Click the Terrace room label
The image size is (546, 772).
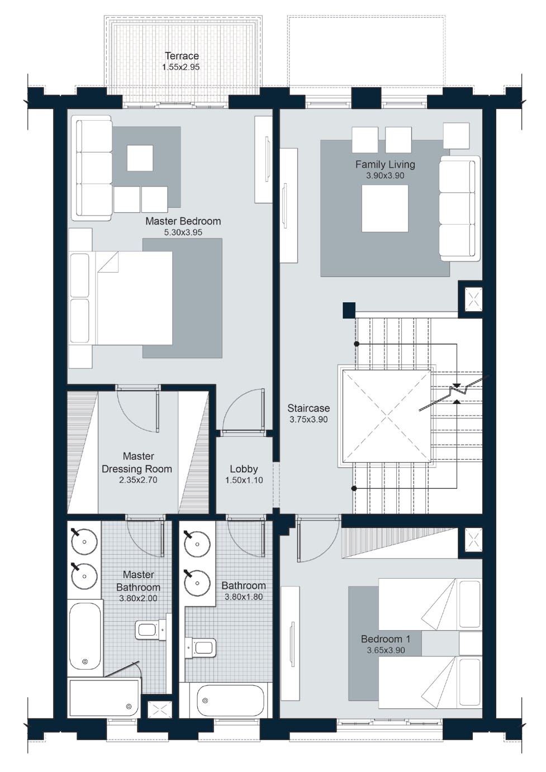click(x=182, y=56)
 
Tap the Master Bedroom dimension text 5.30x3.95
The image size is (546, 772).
click(x=183, y=232)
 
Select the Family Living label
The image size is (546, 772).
click(x=385, y=164)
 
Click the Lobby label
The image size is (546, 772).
click(x=244, y=469)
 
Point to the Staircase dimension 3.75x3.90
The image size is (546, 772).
click(x=308, y=420)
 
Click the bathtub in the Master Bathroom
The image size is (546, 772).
click(x=85, y=637)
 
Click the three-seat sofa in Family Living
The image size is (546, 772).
click(x=459, y=208)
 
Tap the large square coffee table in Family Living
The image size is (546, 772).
click(x=384, y=208)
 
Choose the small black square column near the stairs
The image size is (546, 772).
click(x=349, y=309)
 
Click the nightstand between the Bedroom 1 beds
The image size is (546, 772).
click(x=470, y=644)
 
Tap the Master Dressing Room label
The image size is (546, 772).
click(x=137, y=463)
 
